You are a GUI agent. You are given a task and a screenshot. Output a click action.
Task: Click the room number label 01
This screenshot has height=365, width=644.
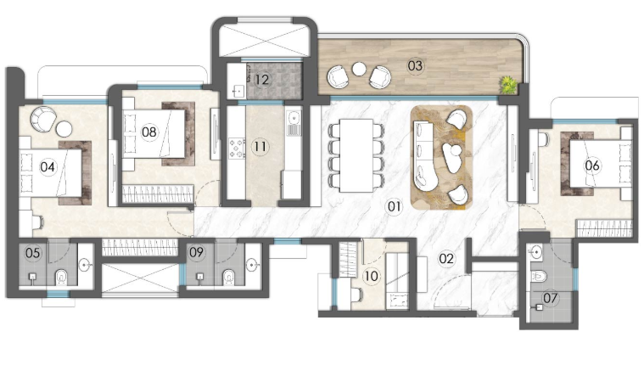pos(394,206)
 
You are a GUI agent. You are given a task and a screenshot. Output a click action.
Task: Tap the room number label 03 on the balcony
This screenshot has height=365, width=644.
pos(415,65)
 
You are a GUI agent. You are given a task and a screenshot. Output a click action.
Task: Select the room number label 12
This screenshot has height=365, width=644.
pos(261,79)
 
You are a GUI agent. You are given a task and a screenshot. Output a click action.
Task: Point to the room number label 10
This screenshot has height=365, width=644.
pos(372,276)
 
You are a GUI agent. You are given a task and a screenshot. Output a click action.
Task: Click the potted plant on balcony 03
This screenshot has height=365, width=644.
pos(508,84)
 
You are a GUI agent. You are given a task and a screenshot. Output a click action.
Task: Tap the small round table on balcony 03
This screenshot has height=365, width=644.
pos(359,69)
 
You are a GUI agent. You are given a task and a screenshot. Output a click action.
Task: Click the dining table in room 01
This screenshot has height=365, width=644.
pos(356,155)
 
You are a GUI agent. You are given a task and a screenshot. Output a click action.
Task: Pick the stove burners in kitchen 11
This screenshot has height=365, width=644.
pos(237,149)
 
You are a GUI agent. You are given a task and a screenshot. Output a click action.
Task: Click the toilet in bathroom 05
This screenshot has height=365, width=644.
pos(61,277)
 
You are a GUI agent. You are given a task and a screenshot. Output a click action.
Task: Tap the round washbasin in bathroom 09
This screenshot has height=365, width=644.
pos(252,265)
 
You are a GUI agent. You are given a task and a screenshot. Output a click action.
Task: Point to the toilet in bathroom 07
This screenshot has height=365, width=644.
pos(539,276)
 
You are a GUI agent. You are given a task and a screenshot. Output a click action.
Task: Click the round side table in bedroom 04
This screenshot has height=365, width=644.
pos(64,129)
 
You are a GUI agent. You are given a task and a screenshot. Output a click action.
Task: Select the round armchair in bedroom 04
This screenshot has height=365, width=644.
pos(43,119)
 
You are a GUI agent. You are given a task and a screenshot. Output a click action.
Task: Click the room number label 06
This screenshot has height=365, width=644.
pos(592,166)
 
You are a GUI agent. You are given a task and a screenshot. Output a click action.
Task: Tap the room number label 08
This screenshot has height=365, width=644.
pos(148,132)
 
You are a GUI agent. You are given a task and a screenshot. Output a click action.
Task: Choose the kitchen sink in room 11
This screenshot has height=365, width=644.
pos(294,122)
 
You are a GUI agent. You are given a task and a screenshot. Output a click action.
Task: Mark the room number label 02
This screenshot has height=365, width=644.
pos(446,258)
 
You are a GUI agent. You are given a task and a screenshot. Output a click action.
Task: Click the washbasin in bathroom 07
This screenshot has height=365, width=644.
pos(536,251)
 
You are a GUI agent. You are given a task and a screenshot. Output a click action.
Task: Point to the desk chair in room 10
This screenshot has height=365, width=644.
pos(356,295)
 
